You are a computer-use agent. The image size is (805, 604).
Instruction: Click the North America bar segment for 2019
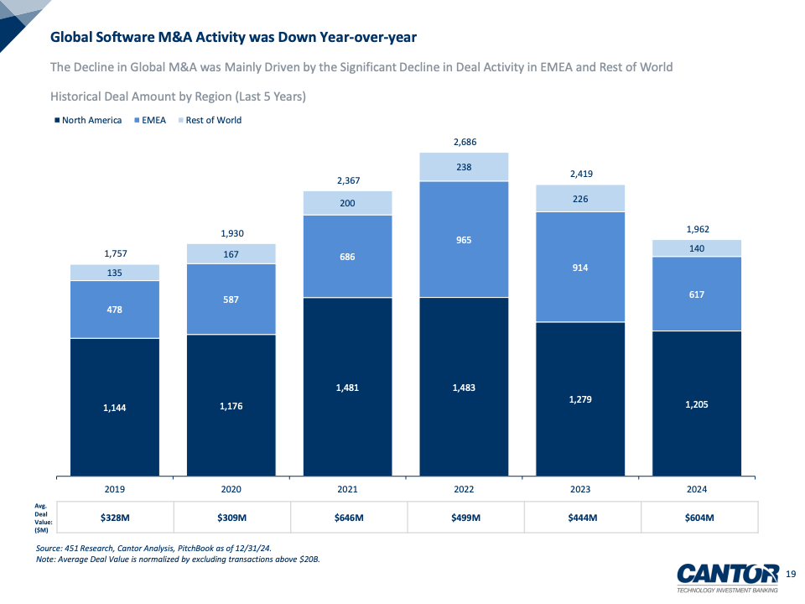(x=114, y=407)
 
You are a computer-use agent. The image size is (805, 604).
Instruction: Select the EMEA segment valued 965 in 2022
(x=464, y=240)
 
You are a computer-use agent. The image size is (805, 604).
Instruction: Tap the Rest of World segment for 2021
(x=347, y=203)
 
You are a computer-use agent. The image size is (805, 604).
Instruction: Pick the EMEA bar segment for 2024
(x=697, y=294)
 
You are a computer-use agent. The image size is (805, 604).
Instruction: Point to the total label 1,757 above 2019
(x=114, y=253)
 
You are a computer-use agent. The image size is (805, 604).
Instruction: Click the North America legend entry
(x=88, y=120)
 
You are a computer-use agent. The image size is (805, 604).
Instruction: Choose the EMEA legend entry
(x=150, y=120)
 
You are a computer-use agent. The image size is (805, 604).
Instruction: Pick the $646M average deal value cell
(x=347, y=517)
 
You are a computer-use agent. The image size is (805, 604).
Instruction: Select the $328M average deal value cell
(x=114, y=517)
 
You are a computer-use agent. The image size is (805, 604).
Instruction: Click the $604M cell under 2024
(x=697, y=517)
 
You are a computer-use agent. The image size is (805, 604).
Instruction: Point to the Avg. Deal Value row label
(x=40, y=517)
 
